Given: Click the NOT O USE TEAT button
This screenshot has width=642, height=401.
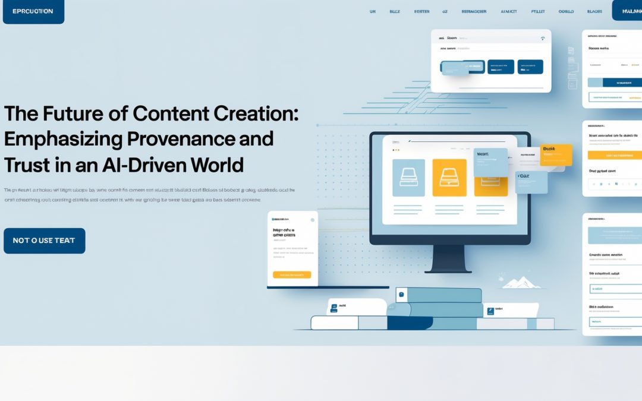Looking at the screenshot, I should [44, 241].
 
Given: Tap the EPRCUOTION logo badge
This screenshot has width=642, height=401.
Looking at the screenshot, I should [33, 11].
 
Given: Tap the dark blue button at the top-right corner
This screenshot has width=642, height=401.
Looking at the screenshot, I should [628, 11].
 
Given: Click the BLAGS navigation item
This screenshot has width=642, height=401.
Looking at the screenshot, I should [594, 11].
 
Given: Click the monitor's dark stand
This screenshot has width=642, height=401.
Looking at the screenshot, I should [448, 261].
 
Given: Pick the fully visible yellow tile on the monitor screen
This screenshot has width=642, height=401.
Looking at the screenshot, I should [449, 178].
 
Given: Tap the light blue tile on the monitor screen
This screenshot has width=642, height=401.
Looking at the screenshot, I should [408, 178].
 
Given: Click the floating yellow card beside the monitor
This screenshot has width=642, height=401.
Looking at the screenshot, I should [556, 154].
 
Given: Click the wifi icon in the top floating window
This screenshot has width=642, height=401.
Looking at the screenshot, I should [542, 38].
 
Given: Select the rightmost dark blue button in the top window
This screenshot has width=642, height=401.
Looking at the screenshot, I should [530, 67].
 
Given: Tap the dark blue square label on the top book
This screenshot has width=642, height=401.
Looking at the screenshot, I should [401, 294].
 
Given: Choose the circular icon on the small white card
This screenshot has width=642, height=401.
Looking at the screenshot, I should [313, 220].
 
